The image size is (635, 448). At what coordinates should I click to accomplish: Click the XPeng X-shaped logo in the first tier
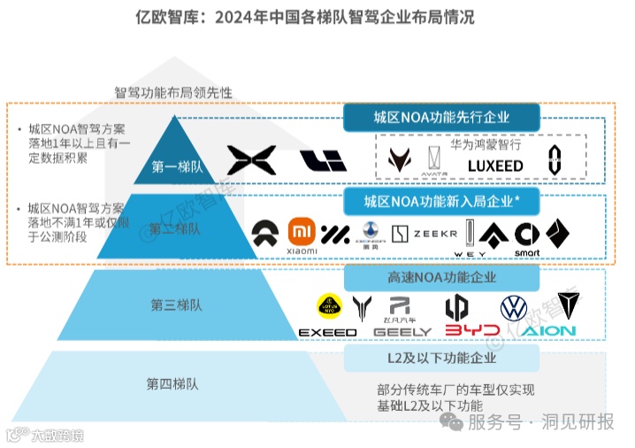point(252,160)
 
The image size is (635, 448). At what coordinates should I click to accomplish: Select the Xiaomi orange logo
point(302,232)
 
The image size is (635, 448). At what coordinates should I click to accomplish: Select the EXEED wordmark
point(327,332)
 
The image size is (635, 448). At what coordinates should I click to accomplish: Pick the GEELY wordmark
point(402,332)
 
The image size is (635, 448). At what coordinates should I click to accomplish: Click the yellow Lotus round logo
point(329,307)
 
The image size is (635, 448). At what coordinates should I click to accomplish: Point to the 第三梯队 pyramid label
point(176,305)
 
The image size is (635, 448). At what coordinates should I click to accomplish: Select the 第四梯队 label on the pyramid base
point(172,383)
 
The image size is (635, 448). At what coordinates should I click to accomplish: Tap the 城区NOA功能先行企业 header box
point(440,117)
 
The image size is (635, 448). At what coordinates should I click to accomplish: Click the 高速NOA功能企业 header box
point(440,277)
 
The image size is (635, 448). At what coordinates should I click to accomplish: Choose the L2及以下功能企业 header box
point(440,358)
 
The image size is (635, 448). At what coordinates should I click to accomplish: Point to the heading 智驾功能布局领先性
point(173,91)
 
